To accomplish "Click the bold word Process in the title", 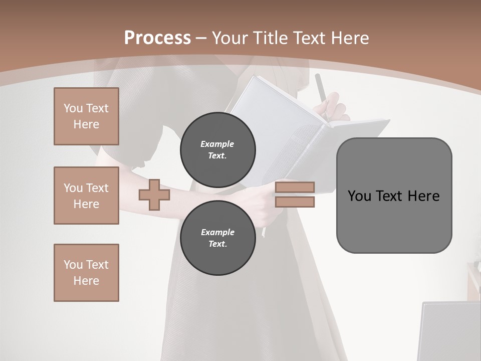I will pyautogui.click(x=157, y=38).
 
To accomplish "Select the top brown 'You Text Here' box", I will pyautogui.click(x=86, y=116).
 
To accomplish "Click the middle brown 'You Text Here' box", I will pyautogui.click(x=86, y=196).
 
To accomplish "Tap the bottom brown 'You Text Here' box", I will pyautogui.click(x=86, y=272).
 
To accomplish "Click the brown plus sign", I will pyautogui.click(x=154, y=195).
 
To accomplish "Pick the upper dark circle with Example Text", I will pyautogui.click(x=217, y=150).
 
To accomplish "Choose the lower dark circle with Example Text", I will pyautogui.click(x=217, y=238).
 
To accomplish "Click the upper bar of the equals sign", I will pyautogui.click(x=295, y=187).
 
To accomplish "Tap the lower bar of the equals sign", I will pyautogui.click(x=295, y=202).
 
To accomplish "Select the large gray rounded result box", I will pyautogui.click(x=394, y=195).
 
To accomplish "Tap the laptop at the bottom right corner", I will pyautogui.click(x=448, y=331).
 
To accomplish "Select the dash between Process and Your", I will pyautogui.click(x=201, y=38).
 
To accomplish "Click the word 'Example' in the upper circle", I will pyautogui.click(x=217, y=144).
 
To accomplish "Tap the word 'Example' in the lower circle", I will pyautogui.click(x=217, y=232).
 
